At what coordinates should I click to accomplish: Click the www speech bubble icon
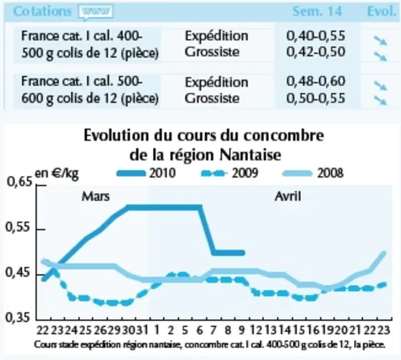[x=96, y=12]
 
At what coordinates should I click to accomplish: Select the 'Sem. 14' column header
[x=317, y=11]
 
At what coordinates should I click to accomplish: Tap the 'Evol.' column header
[x=382, y=11]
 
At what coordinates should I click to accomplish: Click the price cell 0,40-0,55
[x=315, y=36]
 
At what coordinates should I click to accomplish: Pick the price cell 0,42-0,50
[x=315, y=52]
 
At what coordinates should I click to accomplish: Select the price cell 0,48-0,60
[x=315, y=81]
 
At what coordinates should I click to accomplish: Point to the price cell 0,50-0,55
[x=315, y=98]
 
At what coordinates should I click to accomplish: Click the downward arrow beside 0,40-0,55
[x=380, y=41]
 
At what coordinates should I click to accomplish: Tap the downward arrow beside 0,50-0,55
[x=380, y=101]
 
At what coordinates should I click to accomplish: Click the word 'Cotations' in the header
[x=42, y=11]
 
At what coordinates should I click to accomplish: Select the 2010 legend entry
[x=146, y=173]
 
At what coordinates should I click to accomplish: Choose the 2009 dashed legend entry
[x=230, y=173]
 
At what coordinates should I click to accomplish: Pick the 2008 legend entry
[x=313, y=173]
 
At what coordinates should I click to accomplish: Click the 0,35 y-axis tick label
[x=18, y=317]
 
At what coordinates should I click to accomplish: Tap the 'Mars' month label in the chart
[x=96, y=197]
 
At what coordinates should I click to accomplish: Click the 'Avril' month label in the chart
[x=288, y=197]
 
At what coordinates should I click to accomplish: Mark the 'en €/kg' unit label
[x=56, y=174]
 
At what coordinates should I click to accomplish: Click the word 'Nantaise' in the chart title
[x=250, y=154]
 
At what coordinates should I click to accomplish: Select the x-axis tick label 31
[x=142, y=330]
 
